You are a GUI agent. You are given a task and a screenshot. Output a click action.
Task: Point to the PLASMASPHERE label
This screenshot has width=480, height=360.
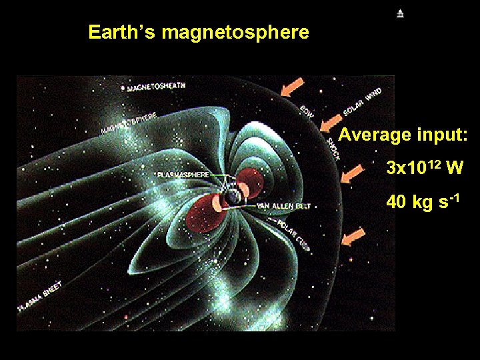pos(183,174)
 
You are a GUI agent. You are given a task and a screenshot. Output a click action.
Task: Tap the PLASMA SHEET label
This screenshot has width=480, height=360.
pos(39,297)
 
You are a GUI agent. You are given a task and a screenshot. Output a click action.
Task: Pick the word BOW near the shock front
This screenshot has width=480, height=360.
pos(307,109)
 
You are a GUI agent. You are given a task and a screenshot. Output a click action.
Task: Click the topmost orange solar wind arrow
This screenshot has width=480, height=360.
pos(292,87)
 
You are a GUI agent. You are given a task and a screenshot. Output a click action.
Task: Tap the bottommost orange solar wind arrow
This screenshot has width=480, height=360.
pos(353,237)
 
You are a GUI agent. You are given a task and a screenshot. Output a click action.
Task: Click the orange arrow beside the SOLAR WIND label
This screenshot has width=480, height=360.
pos(331,121)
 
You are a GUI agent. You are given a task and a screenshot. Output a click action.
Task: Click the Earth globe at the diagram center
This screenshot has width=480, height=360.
pos(229,197)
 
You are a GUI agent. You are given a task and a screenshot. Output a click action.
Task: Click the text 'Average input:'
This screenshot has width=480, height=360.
pos(403,135)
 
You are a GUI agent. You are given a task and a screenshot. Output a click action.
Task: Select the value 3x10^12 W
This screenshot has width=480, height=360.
pos(425,167)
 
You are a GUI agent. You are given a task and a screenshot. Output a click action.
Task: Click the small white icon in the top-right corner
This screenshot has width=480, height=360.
pos(400,13)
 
